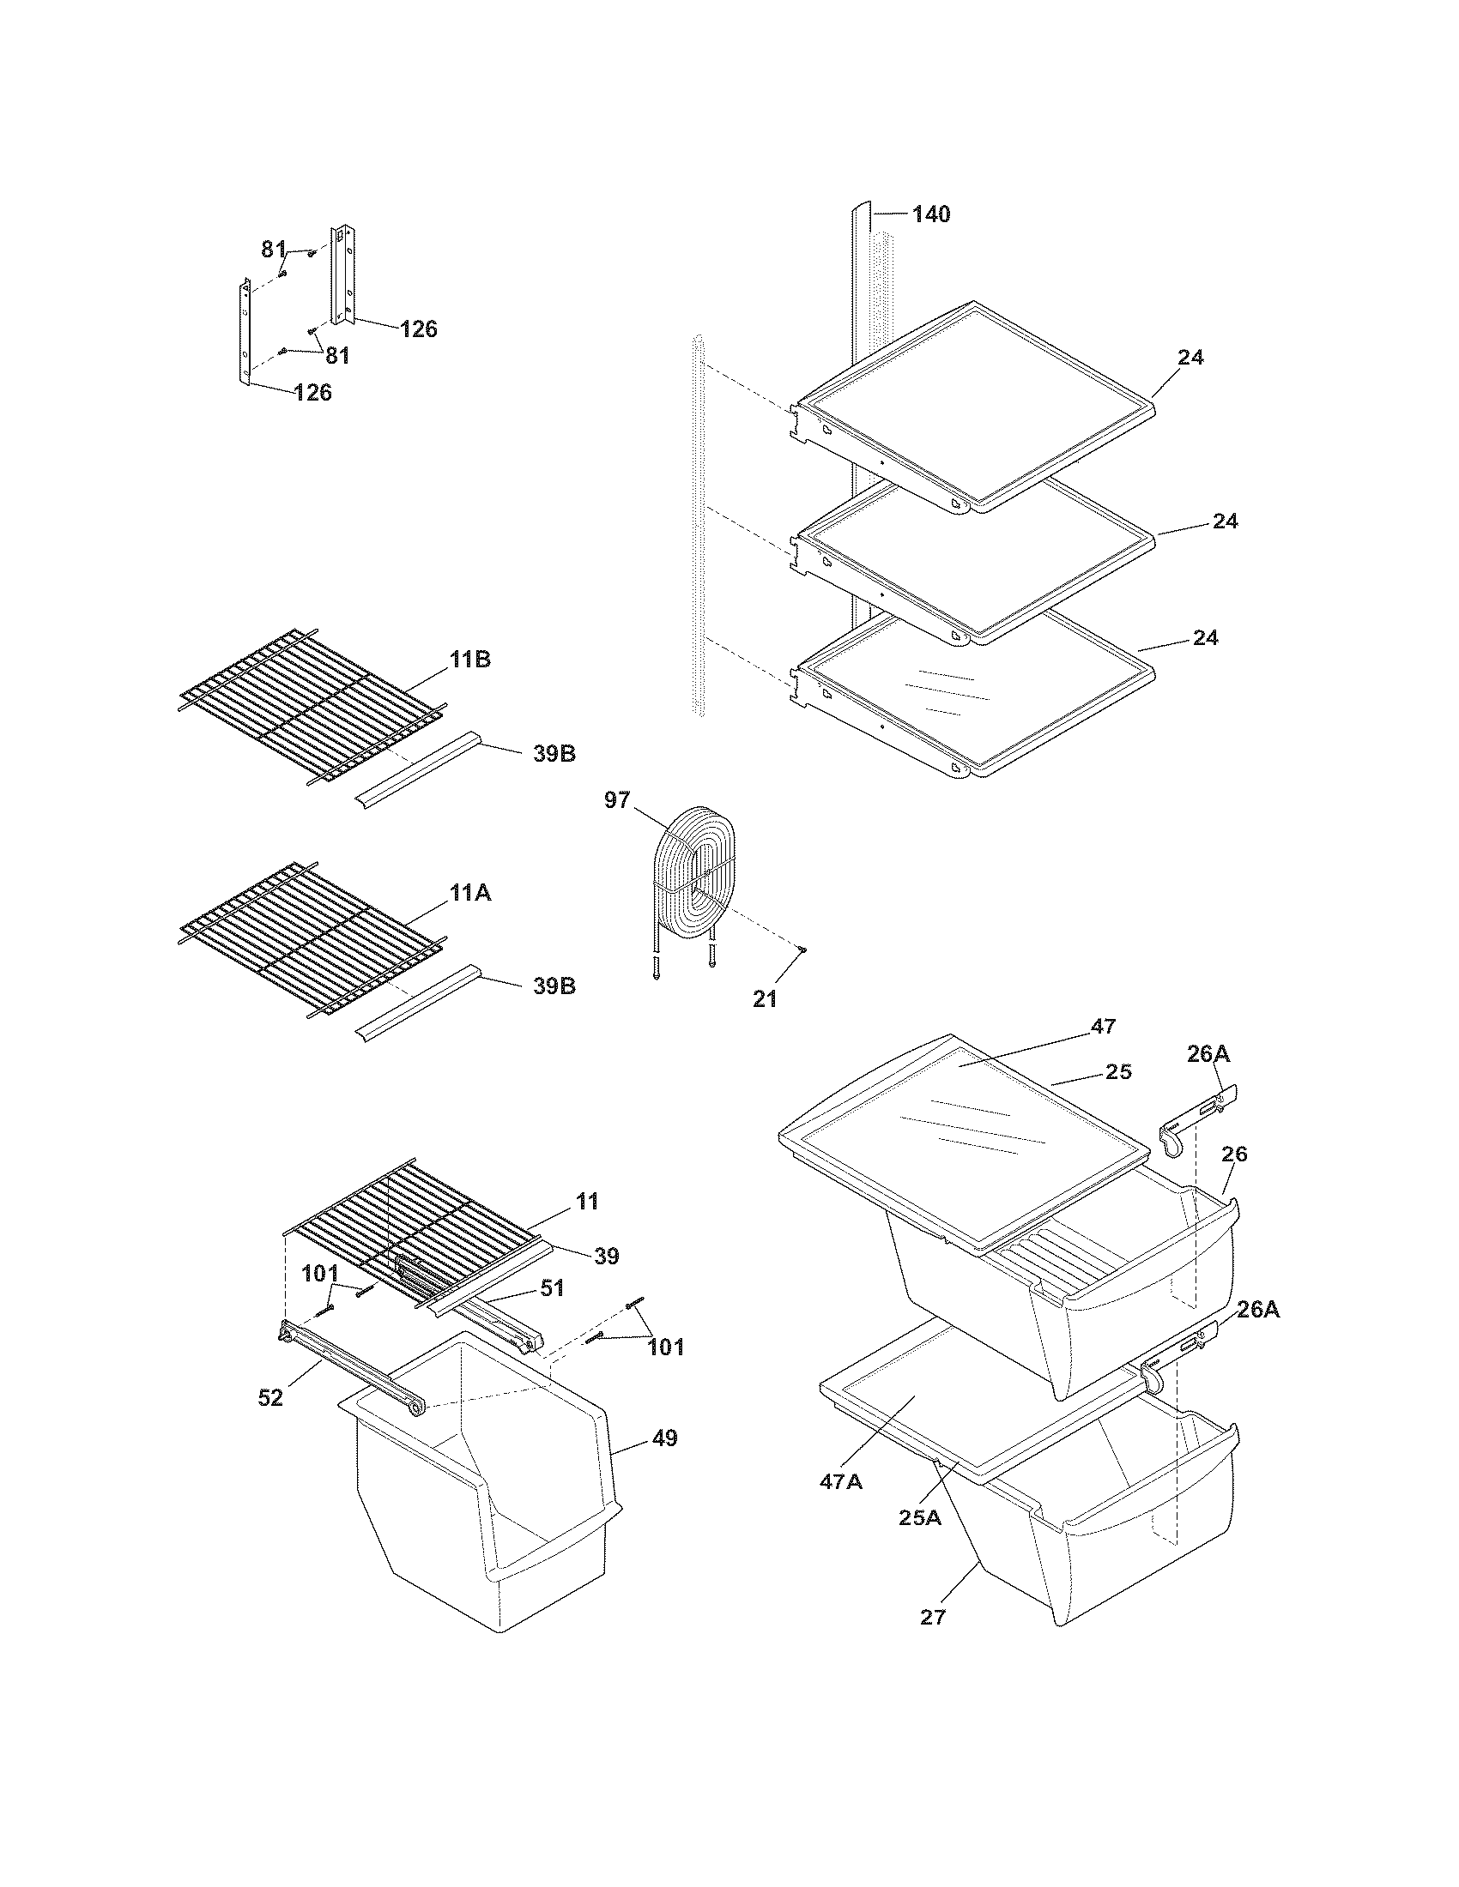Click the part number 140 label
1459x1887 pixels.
[931, 214]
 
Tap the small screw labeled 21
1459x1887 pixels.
[804, 950]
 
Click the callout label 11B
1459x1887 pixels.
[470, 660]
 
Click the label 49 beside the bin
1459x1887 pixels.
[665, 1438]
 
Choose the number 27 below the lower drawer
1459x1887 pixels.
[934, 1617]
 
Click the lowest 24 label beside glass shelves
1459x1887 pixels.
[1206, 637]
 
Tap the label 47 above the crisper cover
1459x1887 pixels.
[1104, 1026]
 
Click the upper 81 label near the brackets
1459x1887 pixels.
[274, 250]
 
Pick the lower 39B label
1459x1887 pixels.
[554, 986]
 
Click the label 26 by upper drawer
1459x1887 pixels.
[1235, 1154]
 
